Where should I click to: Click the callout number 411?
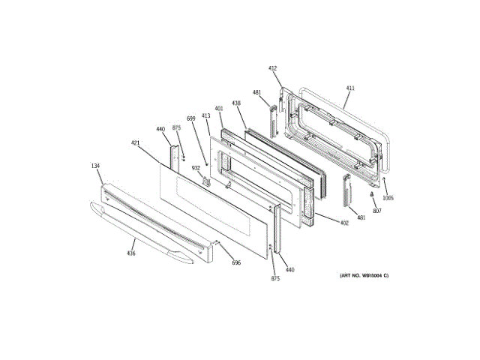click(x=349, y=88)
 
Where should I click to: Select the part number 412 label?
click(x=274, y=67)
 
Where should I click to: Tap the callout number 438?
click(x=236, y=103)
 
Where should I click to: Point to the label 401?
click(x=219, y=109)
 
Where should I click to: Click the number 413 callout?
click(x=205, y=115)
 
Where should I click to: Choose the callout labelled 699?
click(x=190, y=120)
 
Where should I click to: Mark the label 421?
click(x=135, y=142)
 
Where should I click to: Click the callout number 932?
click(x=195, y=168)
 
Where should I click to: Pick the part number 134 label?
click(x=95, y=166)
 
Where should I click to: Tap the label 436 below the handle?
click(x=130, y=253)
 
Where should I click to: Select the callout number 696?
click(x=235, y=262)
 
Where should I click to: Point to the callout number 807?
click(x=377, y=211)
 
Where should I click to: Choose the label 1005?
click(x=388, y=198)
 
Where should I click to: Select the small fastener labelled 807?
click(x=372, y=195)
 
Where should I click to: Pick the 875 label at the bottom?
click(x=275, y=279)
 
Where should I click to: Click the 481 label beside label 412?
click(x=256, y=93)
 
